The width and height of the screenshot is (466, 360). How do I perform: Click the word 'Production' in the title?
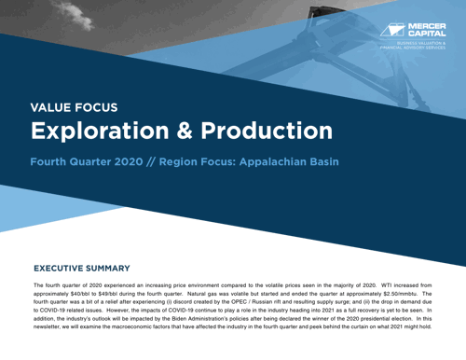(272, 132)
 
